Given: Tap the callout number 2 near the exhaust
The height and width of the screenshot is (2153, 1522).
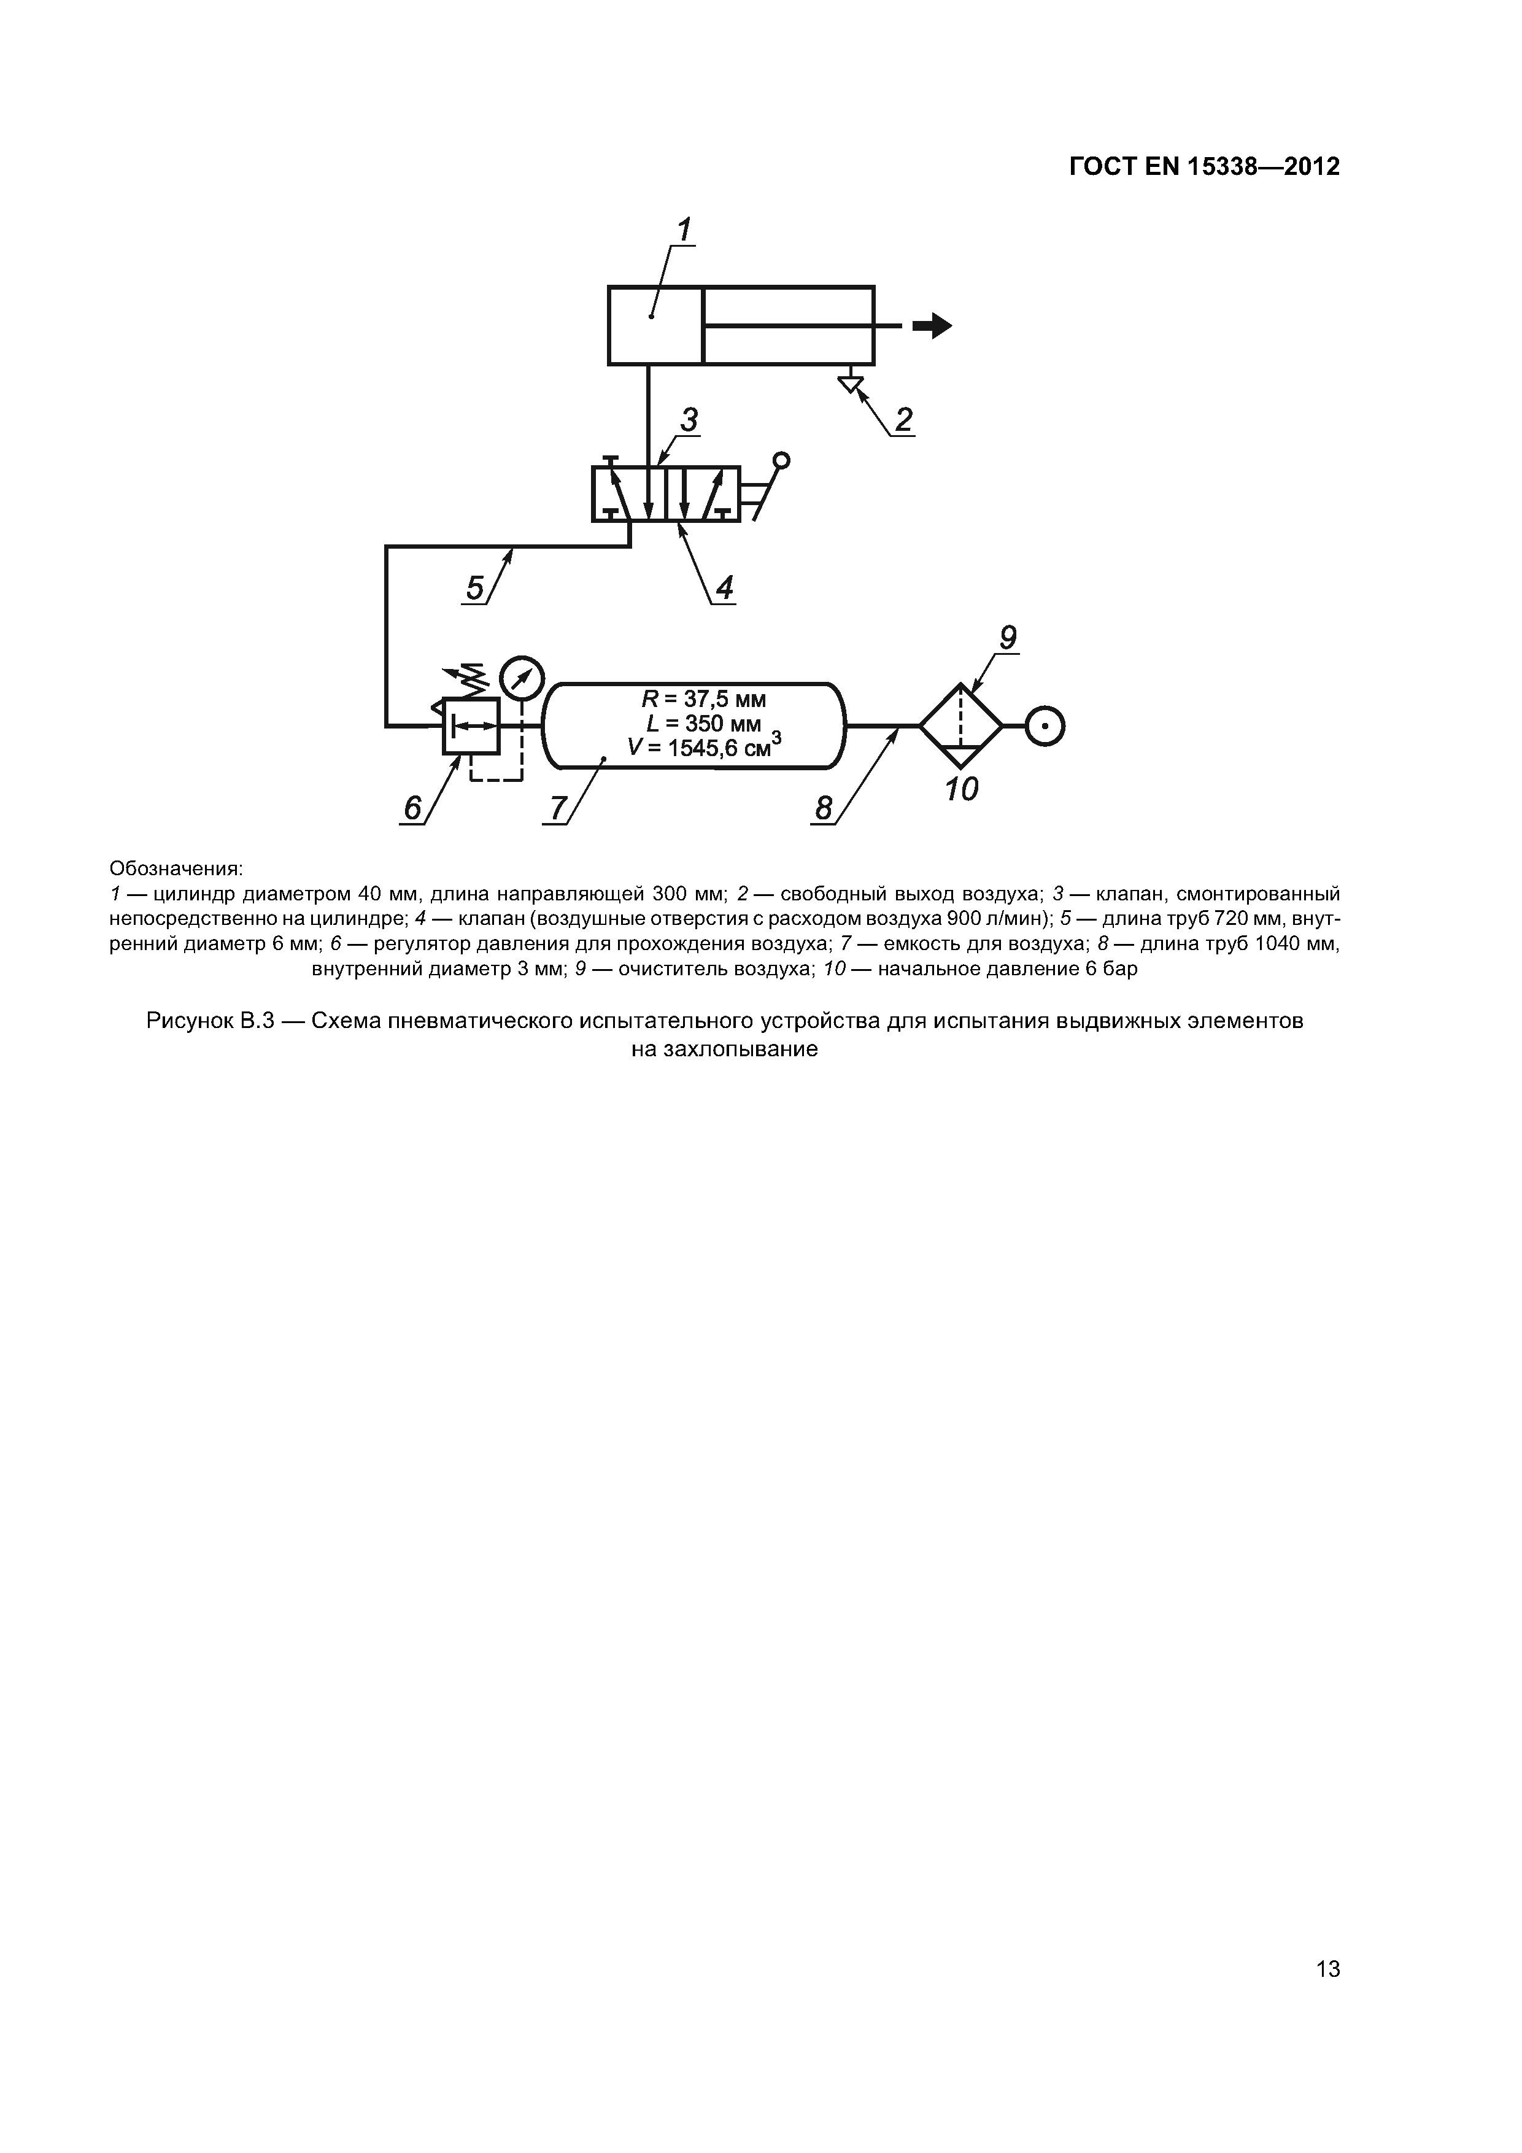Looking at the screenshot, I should (x=903, y=419).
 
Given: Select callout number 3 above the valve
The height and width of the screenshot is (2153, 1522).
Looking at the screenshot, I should (x=690, y=420).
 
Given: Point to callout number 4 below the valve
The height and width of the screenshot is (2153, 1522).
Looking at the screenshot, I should (x=724, y=588).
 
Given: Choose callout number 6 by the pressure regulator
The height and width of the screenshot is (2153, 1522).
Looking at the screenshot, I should (x=412, y=808).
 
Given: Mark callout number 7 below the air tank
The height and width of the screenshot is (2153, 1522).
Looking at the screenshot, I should (x=558, y=808).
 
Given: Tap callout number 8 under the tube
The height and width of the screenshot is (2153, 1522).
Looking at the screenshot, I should (x=824, y=808).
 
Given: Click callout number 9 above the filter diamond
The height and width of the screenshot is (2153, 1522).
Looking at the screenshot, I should (x=1006, y=638).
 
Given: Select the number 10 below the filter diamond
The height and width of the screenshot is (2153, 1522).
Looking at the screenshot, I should (x=961, y=789).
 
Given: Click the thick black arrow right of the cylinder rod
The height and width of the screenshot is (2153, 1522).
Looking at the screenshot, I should (x=932, y=325).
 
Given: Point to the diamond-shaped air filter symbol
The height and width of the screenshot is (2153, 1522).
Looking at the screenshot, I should (x=961, y=726).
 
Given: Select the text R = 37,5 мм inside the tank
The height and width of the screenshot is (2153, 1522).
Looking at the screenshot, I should (x=703, y=700).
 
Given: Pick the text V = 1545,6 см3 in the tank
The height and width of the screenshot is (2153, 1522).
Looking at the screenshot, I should (x=703, y=748).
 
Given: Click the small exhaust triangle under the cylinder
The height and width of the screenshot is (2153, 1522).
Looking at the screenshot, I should (x=851, y=384).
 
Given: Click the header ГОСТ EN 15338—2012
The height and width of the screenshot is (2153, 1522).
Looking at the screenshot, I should (x=1204, y=167).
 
